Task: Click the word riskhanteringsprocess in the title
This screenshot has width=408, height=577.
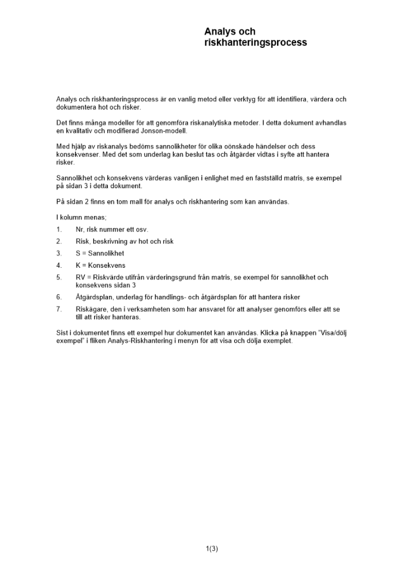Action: pyautogui.click(x=256, y=43)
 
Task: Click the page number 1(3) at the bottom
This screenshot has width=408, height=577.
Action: pyautogui.click(x=212, y=549)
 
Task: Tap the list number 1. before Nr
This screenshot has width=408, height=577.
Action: pyautogui.click(x=59, y=229)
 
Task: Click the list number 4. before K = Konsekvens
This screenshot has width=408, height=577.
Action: pyautogui.click(x=59, y=265)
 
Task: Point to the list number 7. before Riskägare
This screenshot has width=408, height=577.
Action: pyautogui.click(x=59, y=309)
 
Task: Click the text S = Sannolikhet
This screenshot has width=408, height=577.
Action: pyautogui.click(x=99, y=253)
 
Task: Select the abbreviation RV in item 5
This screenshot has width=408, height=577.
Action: pyautogui.click(x=80, y=278)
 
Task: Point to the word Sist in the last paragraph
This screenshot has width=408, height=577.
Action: pyautogui.click(x=62, y=333)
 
